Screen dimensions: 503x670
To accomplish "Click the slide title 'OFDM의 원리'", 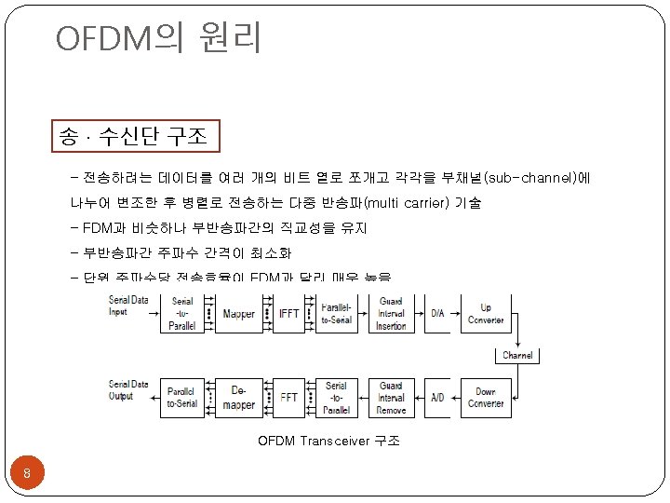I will point(158,39).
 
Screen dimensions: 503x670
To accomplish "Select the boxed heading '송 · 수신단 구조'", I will point(136,138).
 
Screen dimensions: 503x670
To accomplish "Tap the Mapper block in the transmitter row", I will point(239,314).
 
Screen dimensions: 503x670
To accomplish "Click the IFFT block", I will point(288,314).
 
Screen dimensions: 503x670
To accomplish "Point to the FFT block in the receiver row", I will point(288,397).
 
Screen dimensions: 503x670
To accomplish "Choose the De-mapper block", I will point(239,397).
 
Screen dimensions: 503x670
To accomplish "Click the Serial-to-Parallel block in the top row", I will point(182,314).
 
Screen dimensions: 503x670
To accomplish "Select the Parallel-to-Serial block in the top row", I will point(337,314).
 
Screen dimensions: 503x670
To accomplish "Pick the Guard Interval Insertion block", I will point(391,314).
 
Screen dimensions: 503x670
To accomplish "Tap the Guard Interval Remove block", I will point(391,397).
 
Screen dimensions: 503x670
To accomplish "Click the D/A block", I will point(437,314).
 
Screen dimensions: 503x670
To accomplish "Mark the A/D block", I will point(437,397).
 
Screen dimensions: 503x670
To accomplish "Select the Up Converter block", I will point(485,314).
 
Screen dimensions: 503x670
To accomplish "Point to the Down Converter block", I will point(485,397).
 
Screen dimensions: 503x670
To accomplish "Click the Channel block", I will point(517,355).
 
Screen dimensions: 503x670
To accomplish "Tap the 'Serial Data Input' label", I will point(128,306).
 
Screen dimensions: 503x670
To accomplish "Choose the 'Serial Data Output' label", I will point(128,389).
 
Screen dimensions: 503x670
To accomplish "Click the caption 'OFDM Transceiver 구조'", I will point(328,440).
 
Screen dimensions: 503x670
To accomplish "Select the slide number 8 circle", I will point(28,476).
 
